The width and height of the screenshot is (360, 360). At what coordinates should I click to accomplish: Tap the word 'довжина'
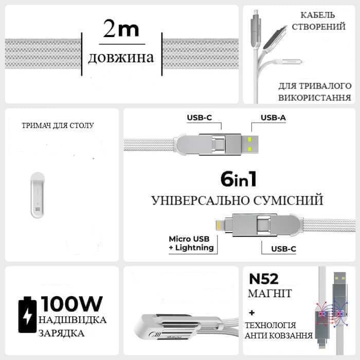coord(121,57)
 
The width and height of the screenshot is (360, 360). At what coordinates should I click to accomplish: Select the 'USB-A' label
coord(273,118)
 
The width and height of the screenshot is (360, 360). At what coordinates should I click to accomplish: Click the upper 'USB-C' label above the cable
coord(199,118)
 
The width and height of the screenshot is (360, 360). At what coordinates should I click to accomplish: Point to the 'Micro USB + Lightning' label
coord(191,243)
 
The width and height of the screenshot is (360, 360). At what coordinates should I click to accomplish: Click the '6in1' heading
coord(238,179)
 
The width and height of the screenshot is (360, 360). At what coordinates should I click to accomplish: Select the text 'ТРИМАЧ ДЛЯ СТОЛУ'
coord(58,125)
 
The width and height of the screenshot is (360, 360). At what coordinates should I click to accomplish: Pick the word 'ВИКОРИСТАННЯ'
coord(315,97)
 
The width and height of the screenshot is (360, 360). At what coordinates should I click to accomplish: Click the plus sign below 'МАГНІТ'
coord(252,312)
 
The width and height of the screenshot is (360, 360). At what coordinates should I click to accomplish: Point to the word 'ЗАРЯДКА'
coord(62,333)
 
